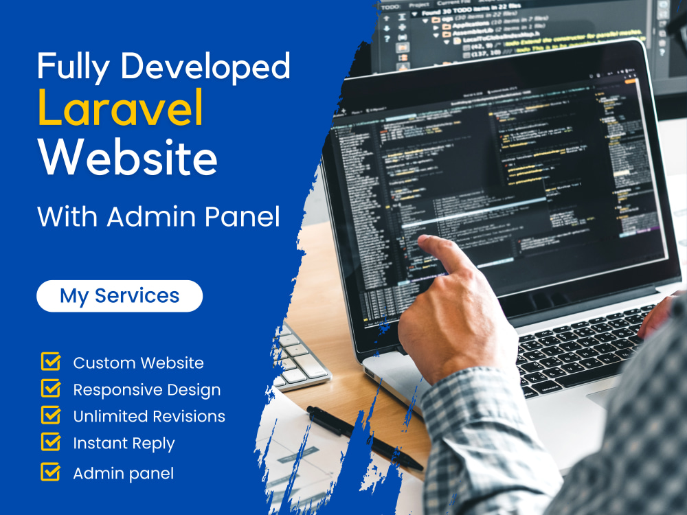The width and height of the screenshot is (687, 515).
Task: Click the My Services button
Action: pyautogui.click(x=120, y=296)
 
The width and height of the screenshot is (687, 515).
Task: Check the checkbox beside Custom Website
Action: pyautogui.click(x=51, y=362)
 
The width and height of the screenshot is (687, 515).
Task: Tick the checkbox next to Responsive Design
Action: pyautogui.click(x=51, y=389)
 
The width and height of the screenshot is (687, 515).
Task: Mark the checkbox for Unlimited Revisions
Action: pyautogui.click(x=51, y=415)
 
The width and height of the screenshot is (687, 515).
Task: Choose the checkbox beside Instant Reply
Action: pyautogui.click(x=51, y=442)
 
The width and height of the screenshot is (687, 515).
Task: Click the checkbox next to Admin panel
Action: pyautogui.click(x=51, y=472)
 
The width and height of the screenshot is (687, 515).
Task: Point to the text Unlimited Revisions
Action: pyautogui.click(x=149, y=417)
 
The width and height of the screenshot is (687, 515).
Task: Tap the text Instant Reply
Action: pyautogui.click(x=124, y=444)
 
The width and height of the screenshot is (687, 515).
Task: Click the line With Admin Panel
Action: pyautogui.click(x=159, y=217)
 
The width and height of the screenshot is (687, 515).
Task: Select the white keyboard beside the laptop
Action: pyautogui.click(x=299, y=357)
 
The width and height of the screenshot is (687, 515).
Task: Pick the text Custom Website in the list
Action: pyautogui.click(x=138, y=363)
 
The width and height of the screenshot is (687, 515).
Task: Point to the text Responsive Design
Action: pyautogui.click(x=147, y=390)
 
